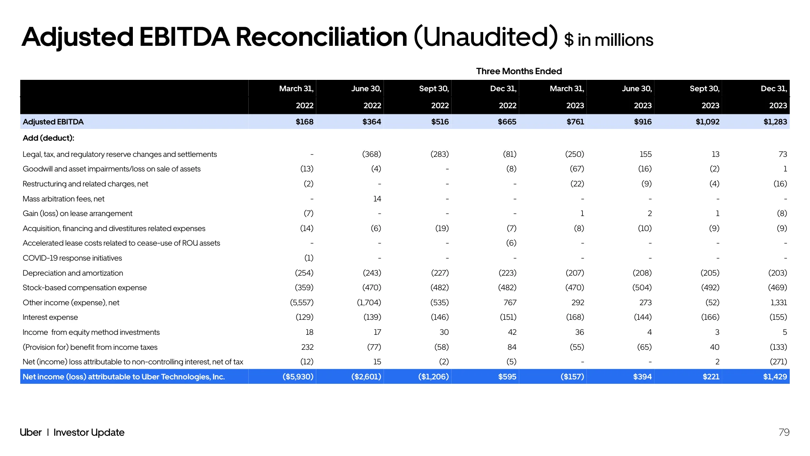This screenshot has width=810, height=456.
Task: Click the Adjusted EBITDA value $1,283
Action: coord(775,122)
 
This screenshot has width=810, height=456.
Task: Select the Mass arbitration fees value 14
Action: coord(377,199)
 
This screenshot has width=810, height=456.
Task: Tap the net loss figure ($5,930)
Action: coord(298,377)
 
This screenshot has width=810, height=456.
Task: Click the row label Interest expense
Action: coord(50,317)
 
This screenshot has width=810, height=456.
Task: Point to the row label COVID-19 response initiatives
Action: coord(72,258)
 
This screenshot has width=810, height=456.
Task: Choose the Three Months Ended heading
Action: coord(519,71)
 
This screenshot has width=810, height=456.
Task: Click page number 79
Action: coord(784,432)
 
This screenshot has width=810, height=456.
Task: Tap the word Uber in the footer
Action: coord(31,432)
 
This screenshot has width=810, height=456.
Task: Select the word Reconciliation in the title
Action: coord(322,37)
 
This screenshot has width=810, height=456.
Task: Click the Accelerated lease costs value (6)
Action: coord(511,243)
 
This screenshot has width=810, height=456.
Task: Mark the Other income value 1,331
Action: coord(778,303)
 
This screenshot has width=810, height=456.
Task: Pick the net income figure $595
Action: coord(507,377)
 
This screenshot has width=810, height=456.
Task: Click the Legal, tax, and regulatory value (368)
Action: coord(372,154)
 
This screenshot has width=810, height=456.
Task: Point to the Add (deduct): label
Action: coord(49,138)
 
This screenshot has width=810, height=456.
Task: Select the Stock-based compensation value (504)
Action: coord(642,288)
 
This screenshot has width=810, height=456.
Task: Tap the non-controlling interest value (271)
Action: coord(778,362)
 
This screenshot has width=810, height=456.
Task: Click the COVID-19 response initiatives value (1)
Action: coord(309,258)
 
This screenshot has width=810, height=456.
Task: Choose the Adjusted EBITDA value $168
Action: coord(305,122)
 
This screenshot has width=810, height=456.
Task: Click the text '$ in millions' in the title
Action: coord(609,40)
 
